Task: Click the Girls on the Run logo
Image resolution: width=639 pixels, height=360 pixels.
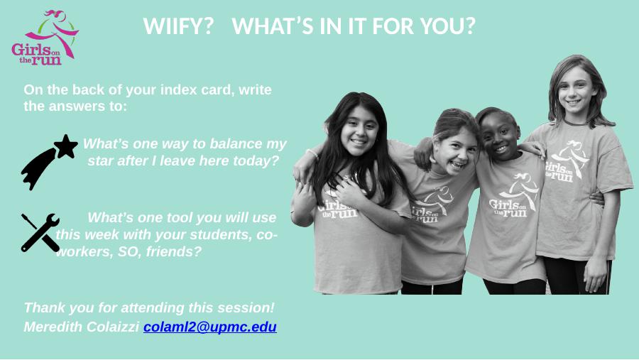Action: [45, 38]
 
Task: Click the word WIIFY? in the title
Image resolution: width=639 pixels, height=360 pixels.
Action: [178, 26]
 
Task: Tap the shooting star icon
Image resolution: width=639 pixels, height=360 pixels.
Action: [49, 162]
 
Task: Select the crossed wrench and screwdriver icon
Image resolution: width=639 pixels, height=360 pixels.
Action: [40, 232]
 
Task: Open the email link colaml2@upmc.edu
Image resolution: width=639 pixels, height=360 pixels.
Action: [210, 327]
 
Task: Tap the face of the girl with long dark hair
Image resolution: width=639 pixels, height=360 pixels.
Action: [359, 130]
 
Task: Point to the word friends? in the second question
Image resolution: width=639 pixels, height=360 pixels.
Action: [174, 251]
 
